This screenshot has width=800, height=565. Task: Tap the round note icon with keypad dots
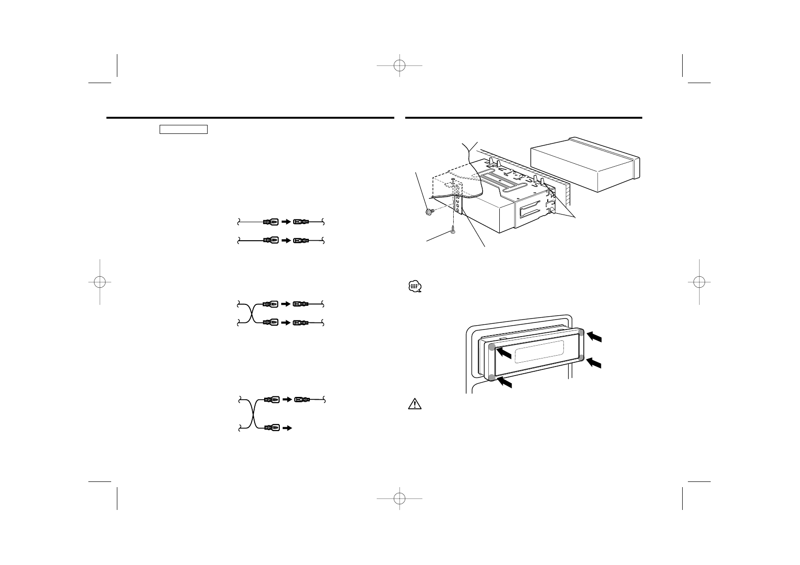click(414, 287)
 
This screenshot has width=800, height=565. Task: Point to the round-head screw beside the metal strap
click(429, 212)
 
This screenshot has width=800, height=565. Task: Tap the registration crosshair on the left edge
click(100, 282)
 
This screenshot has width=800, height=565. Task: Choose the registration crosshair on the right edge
click(699, 282)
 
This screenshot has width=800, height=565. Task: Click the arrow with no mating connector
click(287, 428)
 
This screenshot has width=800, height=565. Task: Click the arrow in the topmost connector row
click(286, 222)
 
